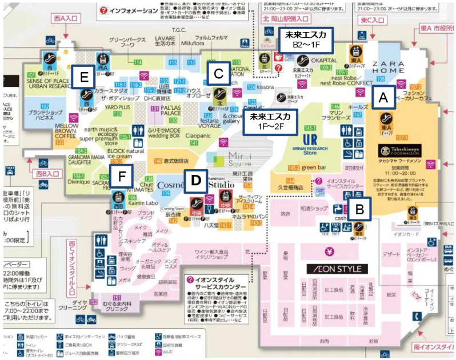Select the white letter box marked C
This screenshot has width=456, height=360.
click(218, 73)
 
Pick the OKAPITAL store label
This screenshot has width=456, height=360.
click(323, 59)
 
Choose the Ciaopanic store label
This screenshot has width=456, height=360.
click(198, 135)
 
